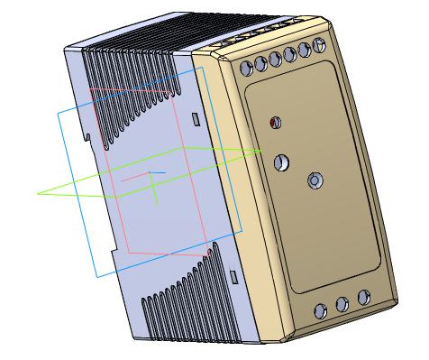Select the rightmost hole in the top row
point(319,47)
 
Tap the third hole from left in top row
point(276,59)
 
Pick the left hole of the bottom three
point(319,312)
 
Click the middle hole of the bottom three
point(342,305)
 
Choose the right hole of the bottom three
point(363,297)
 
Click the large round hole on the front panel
point(281,163)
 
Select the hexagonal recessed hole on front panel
point(315,180)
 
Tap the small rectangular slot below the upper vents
point(195,118)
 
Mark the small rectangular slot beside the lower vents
point(233,272)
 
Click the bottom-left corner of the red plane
point(127,252)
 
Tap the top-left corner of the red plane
point(92,90)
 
